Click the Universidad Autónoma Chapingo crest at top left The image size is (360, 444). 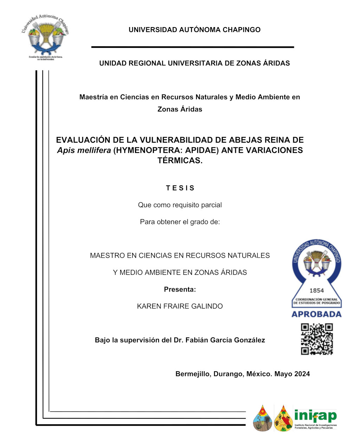[45, 37]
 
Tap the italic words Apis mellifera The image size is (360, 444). [84, 150]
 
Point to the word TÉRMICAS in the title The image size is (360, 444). [180, 161]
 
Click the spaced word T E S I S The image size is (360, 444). [180, 188]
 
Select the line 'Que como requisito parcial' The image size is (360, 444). [180, 205]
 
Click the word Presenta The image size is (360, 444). [179, 290]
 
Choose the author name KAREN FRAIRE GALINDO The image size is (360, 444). [180, 306]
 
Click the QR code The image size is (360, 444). [317, 339]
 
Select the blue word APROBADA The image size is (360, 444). [316, 314]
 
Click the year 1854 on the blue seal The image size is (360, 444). [316, 291]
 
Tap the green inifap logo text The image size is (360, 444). [315, 416]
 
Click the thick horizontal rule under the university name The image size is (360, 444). [192, 47]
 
